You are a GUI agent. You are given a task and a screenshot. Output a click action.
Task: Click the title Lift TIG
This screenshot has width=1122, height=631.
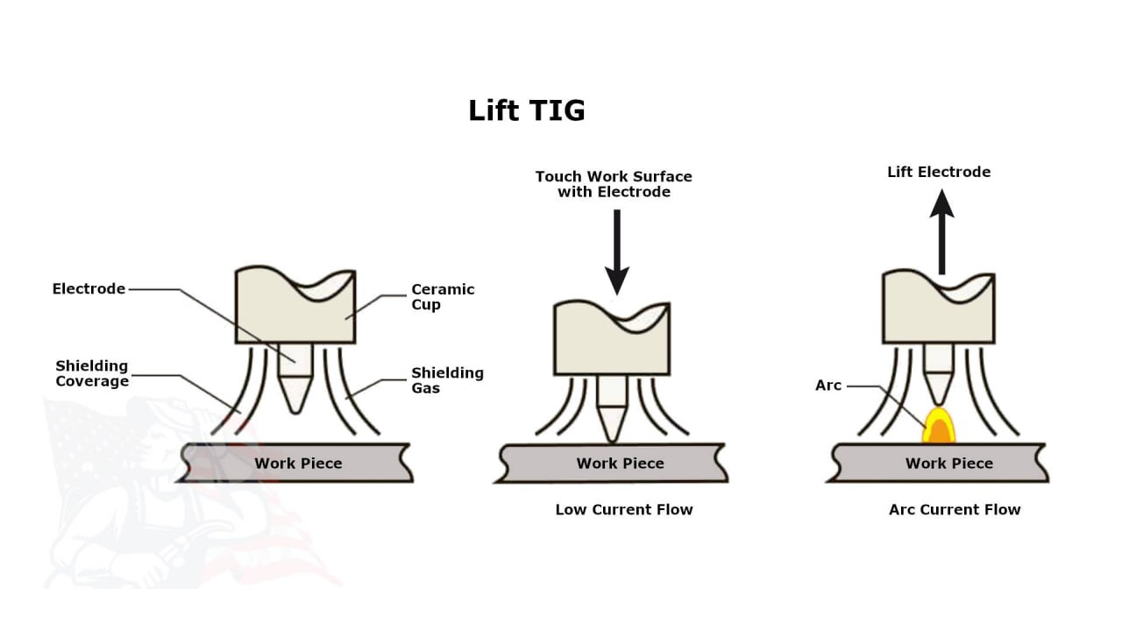click(526, 111)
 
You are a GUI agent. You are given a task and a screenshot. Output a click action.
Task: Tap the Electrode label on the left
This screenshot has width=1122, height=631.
click(89, 289)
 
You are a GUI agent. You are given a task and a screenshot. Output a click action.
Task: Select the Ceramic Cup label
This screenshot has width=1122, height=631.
click(443, 297)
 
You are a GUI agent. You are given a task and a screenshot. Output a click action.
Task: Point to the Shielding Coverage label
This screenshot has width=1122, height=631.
click(92, 373)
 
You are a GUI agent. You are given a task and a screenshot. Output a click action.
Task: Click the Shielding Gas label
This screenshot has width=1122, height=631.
click(447, 380)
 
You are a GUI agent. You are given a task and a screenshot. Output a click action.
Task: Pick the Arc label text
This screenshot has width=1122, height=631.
click(828, 386)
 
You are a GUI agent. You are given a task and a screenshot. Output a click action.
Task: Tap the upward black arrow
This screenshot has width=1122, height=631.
click(942, 232)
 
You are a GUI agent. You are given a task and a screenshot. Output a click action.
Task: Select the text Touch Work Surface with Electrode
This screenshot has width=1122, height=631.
click(614, 184)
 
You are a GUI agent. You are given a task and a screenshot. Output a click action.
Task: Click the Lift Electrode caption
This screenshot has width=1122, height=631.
click(939, 172)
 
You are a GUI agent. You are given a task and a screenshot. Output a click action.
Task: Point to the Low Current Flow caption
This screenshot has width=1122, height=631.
click(624, 509)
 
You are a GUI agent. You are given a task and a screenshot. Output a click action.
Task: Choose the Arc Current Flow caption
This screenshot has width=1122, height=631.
click(955, 509)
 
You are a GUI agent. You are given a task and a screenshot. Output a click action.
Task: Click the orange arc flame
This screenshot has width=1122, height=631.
click(939, 427)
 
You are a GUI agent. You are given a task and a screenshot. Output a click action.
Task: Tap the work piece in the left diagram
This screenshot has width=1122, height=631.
click(298, 463)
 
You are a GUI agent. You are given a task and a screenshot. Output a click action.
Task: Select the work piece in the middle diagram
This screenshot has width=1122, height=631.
click(620, 463)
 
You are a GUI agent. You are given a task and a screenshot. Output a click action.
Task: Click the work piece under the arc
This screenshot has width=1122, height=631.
click(948, 463)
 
